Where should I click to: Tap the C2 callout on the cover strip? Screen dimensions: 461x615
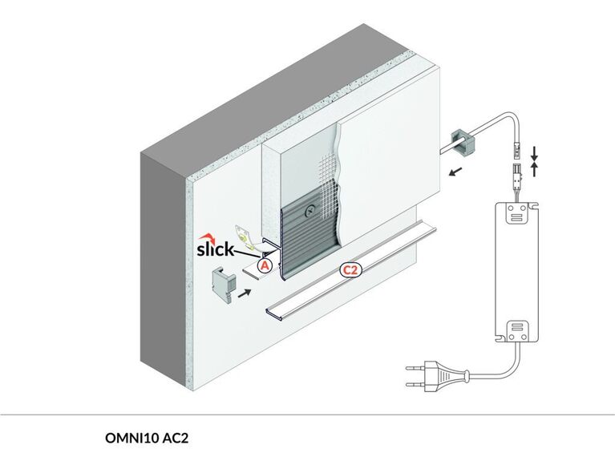click(x=350, y=269)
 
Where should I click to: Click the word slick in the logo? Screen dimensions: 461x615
click(x=215, y=249)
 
